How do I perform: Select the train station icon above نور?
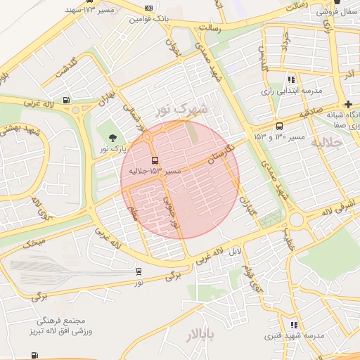[139, 271]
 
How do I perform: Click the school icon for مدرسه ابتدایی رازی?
[292, 79]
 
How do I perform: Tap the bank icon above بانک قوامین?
[148, 7]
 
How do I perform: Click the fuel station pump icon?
[66, 100]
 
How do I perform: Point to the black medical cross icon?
[348, 104]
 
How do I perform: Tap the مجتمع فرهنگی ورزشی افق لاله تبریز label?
[62, 326]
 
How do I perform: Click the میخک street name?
[34, 243]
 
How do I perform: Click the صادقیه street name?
[311, 112]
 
